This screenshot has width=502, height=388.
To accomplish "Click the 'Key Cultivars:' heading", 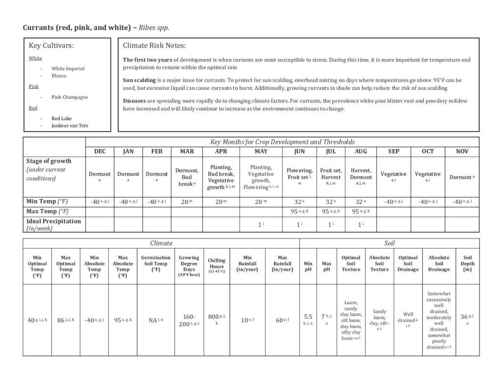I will pos(51,46).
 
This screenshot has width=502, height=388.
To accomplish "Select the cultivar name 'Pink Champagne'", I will pos(70,97).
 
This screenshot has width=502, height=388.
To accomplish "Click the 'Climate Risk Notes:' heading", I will pos(154,46).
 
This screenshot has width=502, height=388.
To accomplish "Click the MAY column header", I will pos(261,152).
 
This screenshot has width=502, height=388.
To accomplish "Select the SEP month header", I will pos(394,152).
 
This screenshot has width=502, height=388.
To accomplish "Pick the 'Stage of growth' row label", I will pos(48,161).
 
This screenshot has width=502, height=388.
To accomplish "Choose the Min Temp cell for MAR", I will pos(186,202).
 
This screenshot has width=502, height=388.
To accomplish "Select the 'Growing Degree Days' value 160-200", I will pos(188,320).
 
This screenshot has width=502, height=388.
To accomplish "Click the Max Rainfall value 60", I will pos(282,320).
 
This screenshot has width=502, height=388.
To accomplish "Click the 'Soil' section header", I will pos(389,243).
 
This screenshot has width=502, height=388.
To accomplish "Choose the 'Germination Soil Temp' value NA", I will pos(155,320).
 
